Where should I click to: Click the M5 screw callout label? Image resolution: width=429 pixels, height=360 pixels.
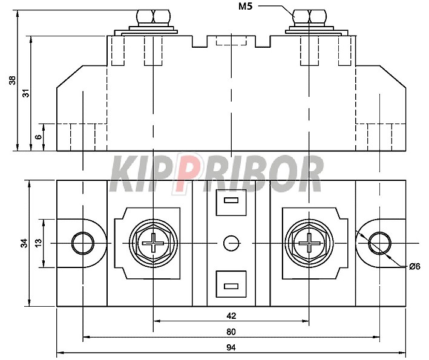(245, 6)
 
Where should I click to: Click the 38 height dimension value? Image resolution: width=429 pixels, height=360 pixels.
(13, 80)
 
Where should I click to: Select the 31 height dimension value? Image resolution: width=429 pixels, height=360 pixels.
(26, 93)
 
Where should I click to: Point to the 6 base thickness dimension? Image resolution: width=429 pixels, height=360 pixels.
(39, 136)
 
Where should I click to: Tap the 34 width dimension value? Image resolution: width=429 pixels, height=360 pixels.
(25, 243)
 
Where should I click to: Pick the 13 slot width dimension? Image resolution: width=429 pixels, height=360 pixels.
(39, 242)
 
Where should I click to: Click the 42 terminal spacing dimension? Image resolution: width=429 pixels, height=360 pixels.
(231, 316)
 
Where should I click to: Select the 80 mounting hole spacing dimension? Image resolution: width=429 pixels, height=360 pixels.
(231, 332)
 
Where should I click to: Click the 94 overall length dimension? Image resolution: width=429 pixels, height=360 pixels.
(231, 348)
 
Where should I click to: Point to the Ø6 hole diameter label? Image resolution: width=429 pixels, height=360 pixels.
(414, 266)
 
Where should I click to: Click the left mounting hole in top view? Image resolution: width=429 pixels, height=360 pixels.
(83, 243)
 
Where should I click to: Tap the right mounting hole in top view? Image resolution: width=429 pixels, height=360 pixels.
(379, 243)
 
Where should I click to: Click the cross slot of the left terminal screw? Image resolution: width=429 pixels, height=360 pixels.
(153, 243)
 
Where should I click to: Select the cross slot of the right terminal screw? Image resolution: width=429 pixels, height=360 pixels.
(309, 243)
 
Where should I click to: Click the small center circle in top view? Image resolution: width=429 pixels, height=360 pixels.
(231, 243)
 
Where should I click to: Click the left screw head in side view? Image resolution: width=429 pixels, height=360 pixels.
(153, 17)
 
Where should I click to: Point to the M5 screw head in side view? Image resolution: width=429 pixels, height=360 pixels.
(309, 17)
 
